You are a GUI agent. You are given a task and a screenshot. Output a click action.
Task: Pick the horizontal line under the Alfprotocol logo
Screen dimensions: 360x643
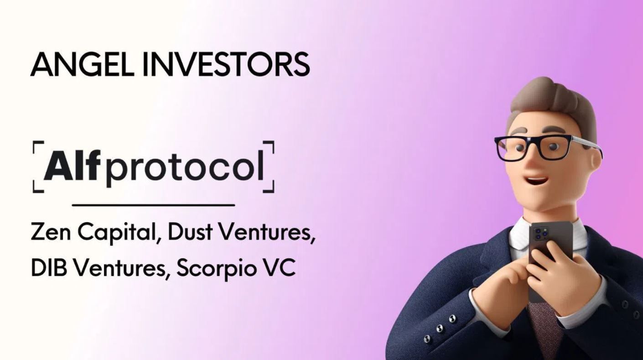tap(153, 205)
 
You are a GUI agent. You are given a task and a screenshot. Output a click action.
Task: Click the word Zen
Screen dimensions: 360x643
tap(50, 233)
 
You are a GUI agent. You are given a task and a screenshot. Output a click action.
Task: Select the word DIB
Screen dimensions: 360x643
tap(48, 268)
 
